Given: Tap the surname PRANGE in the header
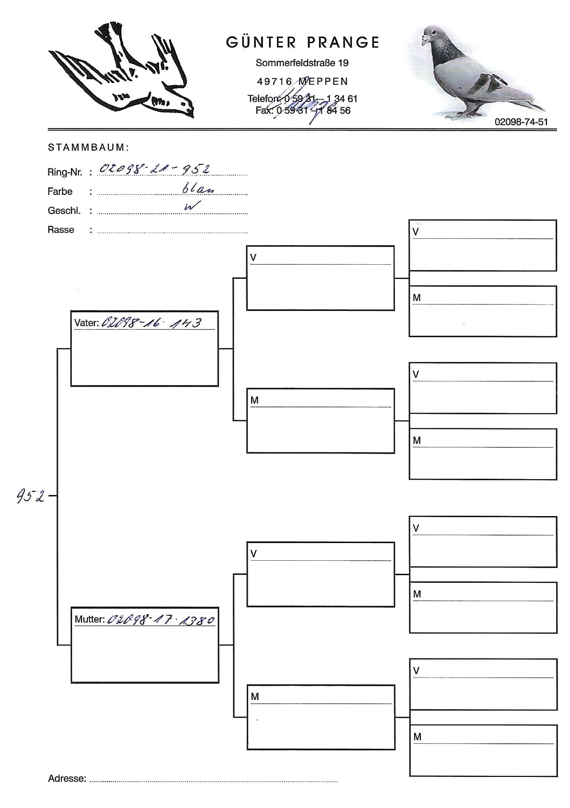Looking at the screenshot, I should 343,43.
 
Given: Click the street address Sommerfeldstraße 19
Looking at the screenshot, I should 302,63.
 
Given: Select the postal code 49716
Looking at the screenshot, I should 274,82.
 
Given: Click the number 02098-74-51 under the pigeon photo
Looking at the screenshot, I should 521,122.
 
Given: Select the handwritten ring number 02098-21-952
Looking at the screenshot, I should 155,169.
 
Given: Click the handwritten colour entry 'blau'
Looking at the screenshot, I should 198,189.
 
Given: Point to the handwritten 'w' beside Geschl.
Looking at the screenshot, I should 192,206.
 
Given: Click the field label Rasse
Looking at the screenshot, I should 61,230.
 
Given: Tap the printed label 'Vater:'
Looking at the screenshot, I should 86,323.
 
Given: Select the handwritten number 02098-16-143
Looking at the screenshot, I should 151,323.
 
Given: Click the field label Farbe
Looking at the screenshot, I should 60,191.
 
